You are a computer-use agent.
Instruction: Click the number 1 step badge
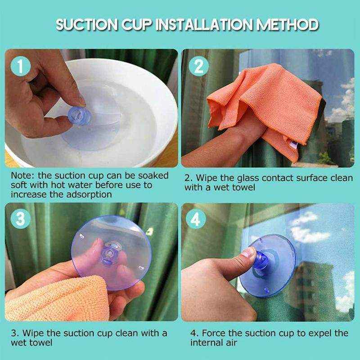pyautogui.click(x=20, y=66)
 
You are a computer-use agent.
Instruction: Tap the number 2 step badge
pyautogui.click(x=198, y=66)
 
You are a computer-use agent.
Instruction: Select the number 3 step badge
pyautogui.click(x=20, y=219)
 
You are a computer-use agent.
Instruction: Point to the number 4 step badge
pyautogui.click(x=196, y=219)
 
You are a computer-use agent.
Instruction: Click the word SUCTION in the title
pyautogui.click(x=87, y=25)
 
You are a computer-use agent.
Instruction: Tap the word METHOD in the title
pyautogui.click(x=288, y=25)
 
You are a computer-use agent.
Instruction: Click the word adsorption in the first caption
pyautogui.click(x=89, y=195)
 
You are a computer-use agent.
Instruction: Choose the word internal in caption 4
pyautogui.click(x=207, y=343)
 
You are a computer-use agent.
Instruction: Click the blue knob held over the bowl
pyautogui.click(x=79, y=116)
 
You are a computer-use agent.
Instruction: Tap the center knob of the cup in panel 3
pyautogui.click(x=110, y=253)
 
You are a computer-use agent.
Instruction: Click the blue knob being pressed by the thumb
pyautogui.click(x=261, y=260)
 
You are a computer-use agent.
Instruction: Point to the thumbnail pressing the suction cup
pyautogui.click(x=249, y=252)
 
